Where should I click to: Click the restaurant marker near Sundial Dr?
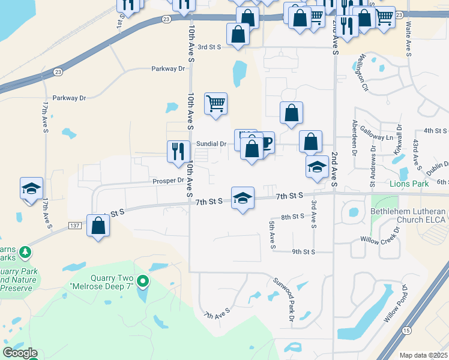[176, 151]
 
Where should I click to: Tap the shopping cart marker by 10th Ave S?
[216, 103]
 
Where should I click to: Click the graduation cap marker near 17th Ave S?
[31, 188]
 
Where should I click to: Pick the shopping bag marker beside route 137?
[98, 226]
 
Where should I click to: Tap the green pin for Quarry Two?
[142, 280]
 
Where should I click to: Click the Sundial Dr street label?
[211, 144]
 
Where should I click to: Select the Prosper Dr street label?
[168, 180]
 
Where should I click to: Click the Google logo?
[20, 352]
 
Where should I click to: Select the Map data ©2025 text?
[423, 355]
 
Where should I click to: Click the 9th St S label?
[304, 251]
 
